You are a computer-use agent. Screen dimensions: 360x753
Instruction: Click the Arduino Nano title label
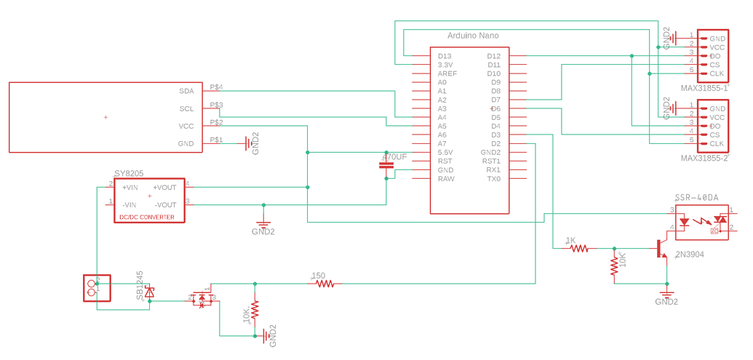click(472, 35)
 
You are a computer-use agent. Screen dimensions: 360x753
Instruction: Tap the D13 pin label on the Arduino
click(444, 56)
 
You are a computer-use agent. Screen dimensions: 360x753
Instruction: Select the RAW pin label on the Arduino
click(445, 179)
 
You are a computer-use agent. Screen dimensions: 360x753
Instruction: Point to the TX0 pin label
click(494, 179)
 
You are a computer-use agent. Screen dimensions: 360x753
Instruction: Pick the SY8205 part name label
click(129, 174)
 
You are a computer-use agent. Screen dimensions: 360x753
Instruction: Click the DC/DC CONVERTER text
click(146, 217)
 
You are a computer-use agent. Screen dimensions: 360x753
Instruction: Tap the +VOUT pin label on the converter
click(164, 188)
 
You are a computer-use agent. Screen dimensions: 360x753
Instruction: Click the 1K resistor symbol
click(579, 248)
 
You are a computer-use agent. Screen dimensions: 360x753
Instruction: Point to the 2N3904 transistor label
click(689, 255)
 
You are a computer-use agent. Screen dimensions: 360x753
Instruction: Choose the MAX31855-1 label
click(704, 88)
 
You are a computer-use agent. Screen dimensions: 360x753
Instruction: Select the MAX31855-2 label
click(704, 158)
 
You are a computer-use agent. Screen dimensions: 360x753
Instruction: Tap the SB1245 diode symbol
click(150, 292)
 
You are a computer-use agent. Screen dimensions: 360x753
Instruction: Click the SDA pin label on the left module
click(186, 92)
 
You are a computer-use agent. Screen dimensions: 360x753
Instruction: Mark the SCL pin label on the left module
click(186, 109)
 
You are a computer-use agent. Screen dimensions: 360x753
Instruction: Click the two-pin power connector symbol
click(96, 288)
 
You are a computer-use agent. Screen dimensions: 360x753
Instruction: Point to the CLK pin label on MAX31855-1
click(717, 73)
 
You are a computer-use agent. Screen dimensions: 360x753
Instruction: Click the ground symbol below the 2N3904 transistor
click(666, 294)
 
